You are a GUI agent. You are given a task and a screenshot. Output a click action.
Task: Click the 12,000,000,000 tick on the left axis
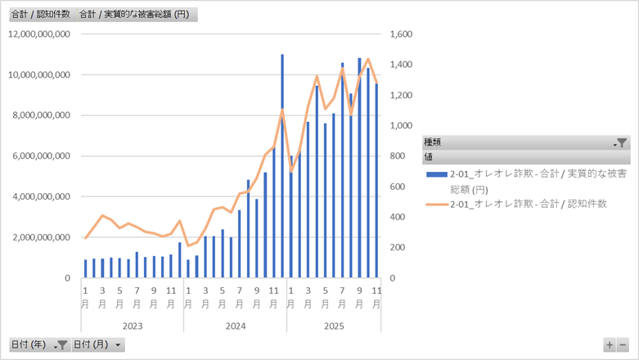38,34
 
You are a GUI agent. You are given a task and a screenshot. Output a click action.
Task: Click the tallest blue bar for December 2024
282,164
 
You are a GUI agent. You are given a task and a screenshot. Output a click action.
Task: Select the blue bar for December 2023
179,260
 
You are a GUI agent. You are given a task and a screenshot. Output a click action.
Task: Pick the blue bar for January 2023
85,268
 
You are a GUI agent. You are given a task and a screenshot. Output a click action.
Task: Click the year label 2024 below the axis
235,325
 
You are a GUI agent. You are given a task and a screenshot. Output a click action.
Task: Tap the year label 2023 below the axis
132,325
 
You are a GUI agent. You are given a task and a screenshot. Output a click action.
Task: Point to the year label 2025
334,325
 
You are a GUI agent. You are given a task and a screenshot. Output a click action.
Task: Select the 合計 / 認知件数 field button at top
39,15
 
